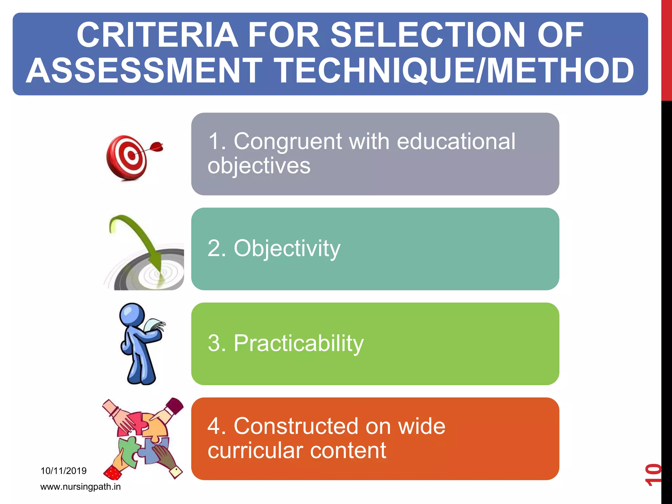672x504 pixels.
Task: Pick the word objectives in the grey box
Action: tap(259, 166)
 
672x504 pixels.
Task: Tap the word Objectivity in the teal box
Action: tap(287, 248)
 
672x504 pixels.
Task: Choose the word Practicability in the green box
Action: tap(299, 344)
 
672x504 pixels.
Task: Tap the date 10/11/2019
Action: tap(64, 471)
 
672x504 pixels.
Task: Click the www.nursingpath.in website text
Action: tap(80, 487)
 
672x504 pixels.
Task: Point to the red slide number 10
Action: tap(653, 474)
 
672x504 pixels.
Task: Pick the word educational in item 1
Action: tap(456, 142)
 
